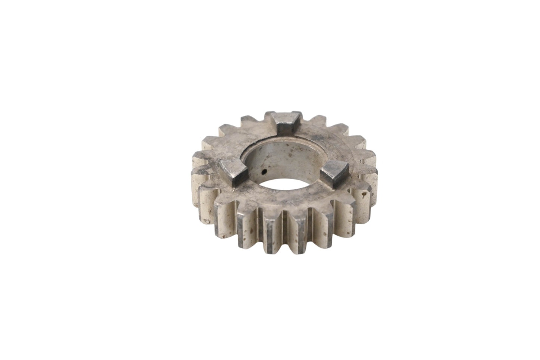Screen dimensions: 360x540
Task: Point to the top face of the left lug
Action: coord(232,165)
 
